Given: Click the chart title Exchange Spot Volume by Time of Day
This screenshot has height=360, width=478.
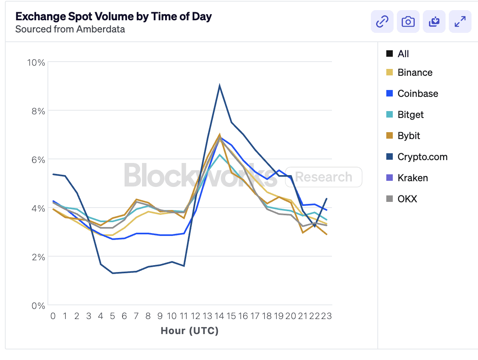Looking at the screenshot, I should tap(114, 17).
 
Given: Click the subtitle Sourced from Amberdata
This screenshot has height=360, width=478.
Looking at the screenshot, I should tap(70, 29).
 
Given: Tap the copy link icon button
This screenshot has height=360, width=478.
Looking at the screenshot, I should tap(382, 22).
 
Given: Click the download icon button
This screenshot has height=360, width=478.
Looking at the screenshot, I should tap(434, 22).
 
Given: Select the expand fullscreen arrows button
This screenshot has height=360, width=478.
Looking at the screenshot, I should tap(460, 22).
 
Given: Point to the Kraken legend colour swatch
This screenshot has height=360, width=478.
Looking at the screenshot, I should tap(390, 178).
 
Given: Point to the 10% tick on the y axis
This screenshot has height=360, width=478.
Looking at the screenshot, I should tap(36, 62).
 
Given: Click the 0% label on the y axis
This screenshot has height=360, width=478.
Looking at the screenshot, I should tap(38, 305).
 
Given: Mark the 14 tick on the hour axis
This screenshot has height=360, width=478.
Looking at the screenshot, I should tap(219, 316).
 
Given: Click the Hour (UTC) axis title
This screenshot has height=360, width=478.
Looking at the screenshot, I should tap(189, 331).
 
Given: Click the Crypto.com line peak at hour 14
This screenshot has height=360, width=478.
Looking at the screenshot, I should tap(220, 86).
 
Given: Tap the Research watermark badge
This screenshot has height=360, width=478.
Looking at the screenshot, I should tap(323, 177).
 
